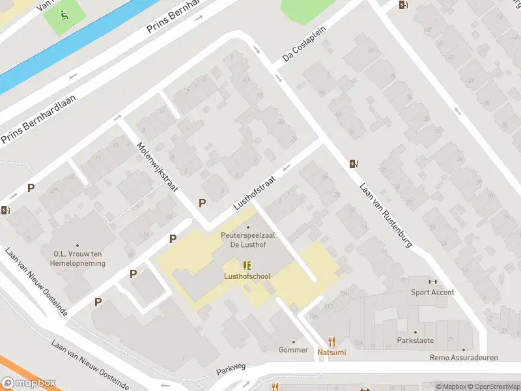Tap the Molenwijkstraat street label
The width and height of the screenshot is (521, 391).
tap(158, 168)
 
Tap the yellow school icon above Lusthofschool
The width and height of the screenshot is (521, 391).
tap(247, 265)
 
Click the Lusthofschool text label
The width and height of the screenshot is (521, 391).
tap(247, 276)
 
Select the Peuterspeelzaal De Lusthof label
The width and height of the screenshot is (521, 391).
tap(247, 239)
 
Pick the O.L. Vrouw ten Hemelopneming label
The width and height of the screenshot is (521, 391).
tap(78, 258)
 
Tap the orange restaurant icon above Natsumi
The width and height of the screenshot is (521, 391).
tap(332, 341)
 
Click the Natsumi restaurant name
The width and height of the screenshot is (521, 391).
tap(332, 352)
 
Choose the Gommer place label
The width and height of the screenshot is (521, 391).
tap(293, 350)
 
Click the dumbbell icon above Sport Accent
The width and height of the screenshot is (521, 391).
tap(433, 282)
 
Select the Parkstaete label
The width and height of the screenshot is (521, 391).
tap(415, 341)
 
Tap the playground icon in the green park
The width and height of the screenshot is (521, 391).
tap(64, 14)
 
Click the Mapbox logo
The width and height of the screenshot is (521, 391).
tap(29, 383)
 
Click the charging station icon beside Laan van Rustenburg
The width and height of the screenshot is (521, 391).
tap(354, 164)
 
